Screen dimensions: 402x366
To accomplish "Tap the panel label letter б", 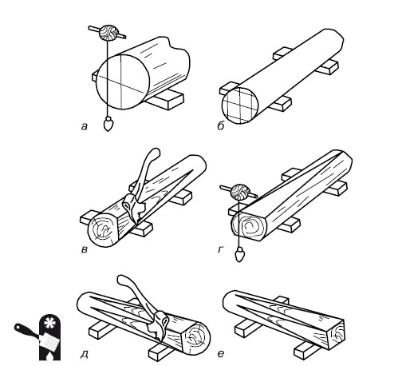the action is [x=221, y=125].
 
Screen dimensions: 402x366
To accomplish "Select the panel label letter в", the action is [x=85, y=250].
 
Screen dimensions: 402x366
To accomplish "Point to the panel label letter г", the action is [x=220, y=249].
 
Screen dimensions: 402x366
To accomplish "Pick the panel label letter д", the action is [x=85, y=354].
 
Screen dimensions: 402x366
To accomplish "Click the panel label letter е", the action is [x=221, y=354].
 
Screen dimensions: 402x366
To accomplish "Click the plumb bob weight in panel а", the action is [x=108, y=124].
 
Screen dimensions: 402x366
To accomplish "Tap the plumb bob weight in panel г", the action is [x=239, y=255].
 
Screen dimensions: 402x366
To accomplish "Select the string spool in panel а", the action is [x=108, y=33].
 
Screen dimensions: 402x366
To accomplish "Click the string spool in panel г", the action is [x=240, y=193].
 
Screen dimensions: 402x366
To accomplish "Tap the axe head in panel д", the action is [x=159, y=325].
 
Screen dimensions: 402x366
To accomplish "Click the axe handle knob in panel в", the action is [x=155, y=153].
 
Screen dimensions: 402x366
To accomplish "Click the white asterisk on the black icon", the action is [x=49, y=324].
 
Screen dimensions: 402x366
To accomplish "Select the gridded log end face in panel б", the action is [x=240, y=105].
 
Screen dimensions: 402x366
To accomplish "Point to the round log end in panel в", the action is [x=103, y=229].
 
